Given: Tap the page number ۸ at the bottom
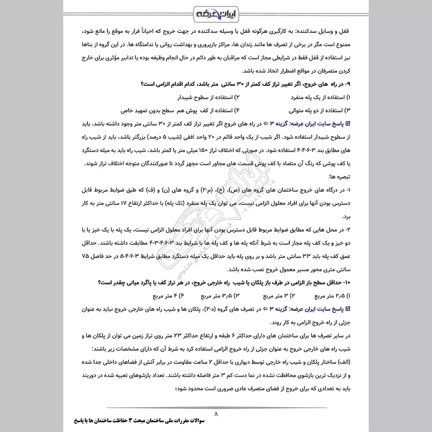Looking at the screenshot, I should click(x=216, y=415).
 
